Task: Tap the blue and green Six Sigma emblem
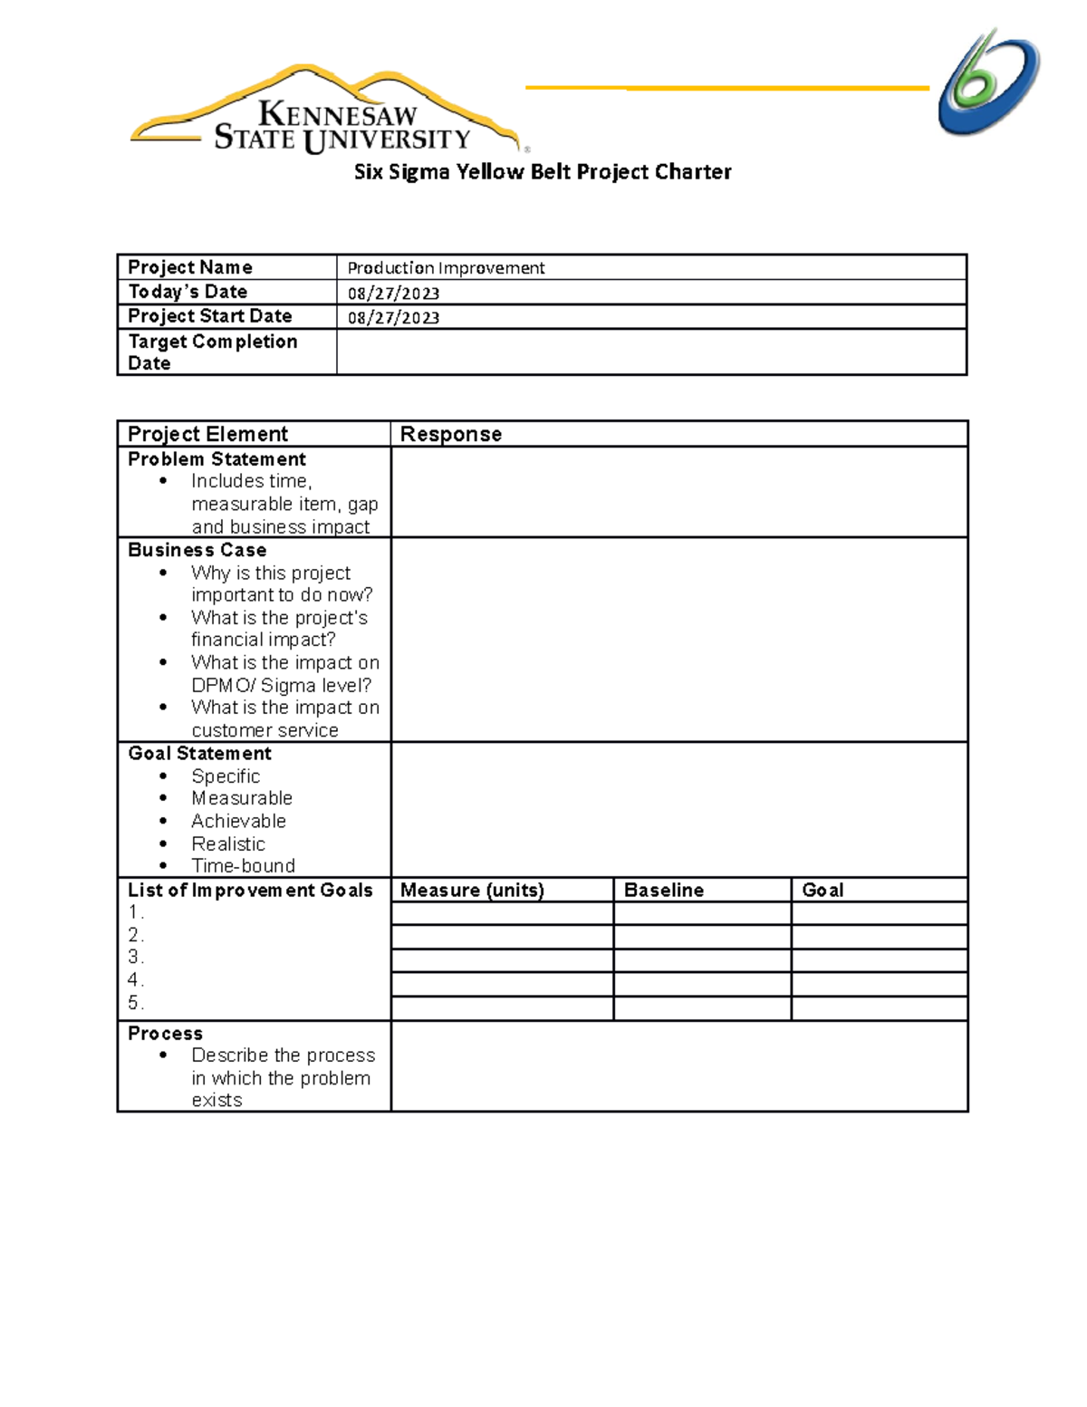click(x=988, y=82)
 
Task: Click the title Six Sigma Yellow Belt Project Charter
click(x=542, y=172)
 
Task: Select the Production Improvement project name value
click(x=446, y=268)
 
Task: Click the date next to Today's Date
click(x=393, y=293)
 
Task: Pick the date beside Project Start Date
click(x=393, y=317)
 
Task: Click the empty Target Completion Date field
click(x=650, y=352)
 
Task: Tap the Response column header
click(x=450, y=434)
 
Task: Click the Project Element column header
click(x=207, y=434)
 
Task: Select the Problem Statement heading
click(x=216, y=459)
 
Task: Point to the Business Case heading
click(x=197, y=550)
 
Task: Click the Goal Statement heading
click(x=199, y=754)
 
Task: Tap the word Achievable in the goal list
click(x=238, y=821)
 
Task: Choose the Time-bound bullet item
click(x=243, y=866)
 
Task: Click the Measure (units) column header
click(x=472, y=891)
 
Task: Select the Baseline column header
click(x=663, y=891)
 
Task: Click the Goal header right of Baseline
click(x=822, y=891)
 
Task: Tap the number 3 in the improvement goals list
click(x=134, y=958)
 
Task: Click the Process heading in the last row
click(x=165, y=1034)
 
